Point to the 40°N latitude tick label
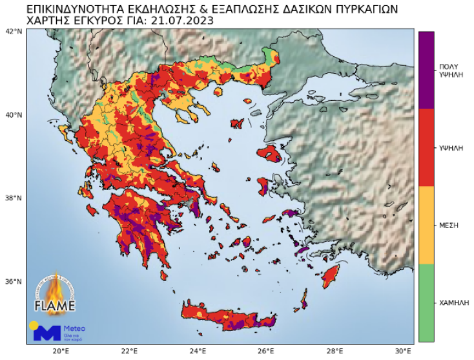tap(13, 115)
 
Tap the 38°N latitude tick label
tap(13, 198)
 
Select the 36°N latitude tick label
tap(13, 282)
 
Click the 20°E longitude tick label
tap(61, 352)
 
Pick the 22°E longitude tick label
tap(130, 352)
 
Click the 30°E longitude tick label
tap(404, 352)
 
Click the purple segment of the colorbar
tap(426, 70)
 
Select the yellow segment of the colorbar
tap(426, 225)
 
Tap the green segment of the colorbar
tap(426, 302)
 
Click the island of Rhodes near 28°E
tap(331, 275)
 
